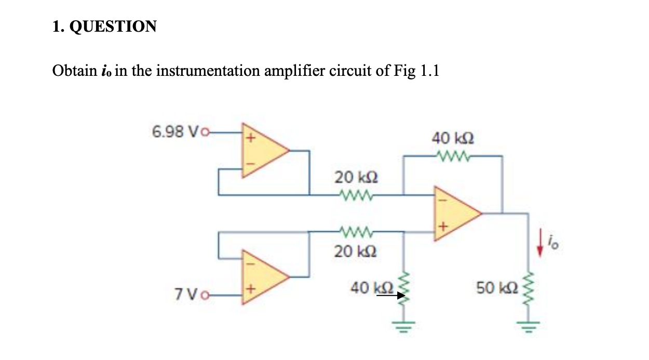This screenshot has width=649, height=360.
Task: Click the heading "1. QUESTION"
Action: point(104,26)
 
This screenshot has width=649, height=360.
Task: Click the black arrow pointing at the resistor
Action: point(390,296)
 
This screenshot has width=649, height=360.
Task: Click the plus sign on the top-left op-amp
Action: point(250,138)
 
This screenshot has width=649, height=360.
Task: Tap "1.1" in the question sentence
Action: point(429,71)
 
